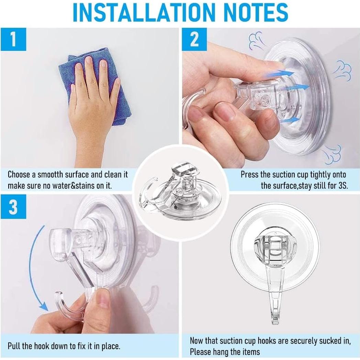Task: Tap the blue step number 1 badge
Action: click(13, 39)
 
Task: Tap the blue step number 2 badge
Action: click(194, 39)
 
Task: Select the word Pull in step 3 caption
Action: click(14, 346)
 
